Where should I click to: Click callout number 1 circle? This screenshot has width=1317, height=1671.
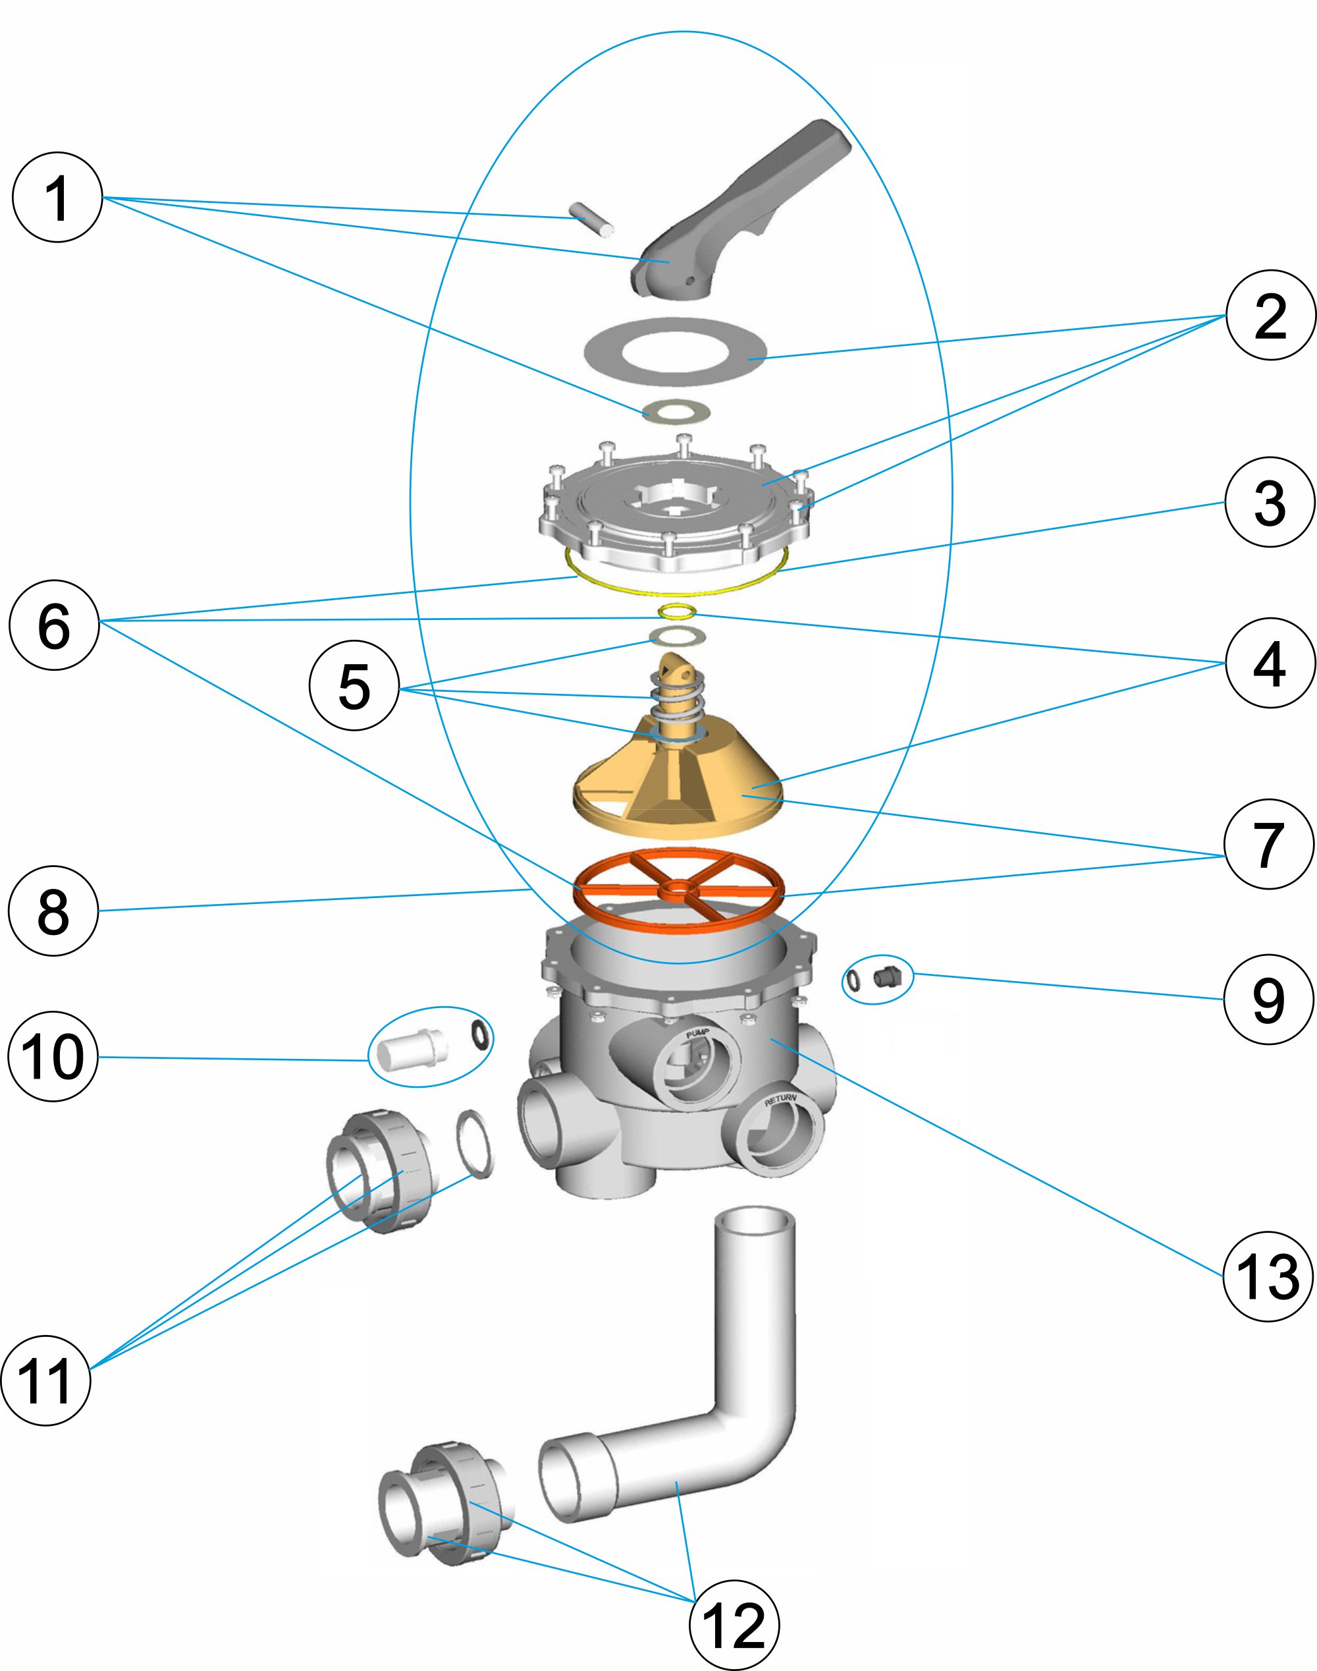[57, 198]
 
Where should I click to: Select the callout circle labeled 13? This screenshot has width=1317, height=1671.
[1268, 1277]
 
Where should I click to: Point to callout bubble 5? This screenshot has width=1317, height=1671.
[354, 686]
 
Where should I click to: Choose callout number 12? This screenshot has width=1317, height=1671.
[734, 1626]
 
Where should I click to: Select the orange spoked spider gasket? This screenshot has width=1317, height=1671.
[678, 890]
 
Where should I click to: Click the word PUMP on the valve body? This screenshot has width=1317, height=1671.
[697, 1033]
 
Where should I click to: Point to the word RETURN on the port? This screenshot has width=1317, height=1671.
[780, 1098]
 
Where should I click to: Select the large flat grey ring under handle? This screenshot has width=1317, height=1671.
[675, 352]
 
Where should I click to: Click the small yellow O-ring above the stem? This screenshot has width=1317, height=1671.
[678, 611]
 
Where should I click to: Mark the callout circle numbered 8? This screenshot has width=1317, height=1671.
[53, 911]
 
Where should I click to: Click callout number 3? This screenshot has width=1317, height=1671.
[1268, 502]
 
